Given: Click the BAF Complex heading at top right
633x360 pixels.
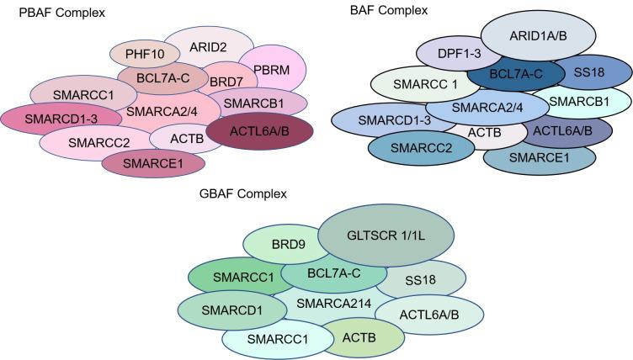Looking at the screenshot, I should [389, 11].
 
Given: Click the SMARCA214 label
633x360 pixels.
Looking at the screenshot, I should [332, 304].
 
